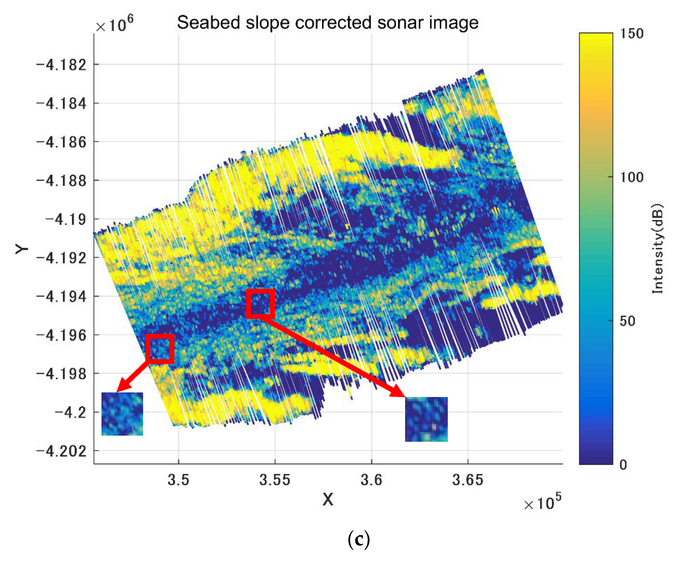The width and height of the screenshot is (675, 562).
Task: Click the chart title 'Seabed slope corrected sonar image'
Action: coord(328,23)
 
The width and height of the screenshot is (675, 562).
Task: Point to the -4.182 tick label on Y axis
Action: coord(61,65)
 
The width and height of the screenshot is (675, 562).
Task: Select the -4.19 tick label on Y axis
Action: coord(66,220)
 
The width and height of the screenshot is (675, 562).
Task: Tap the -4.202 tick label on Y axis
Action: coord(61,451)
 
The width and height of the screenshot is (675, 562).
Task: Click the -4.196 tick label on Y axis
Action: coord(61,336)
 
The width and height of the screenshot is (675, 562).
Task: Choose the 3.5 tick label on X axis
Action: coord(178,480)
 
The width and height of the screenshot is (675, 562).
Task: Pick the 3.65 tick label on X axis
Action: coord(468,480)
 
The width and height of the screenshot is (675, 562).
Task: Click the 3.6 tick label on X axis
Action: coord(371,480)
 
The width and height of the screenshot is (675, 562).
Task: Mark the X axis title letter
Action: coord(328,500)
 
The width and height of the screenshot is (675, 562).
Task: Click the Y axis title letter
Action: coord(22,249)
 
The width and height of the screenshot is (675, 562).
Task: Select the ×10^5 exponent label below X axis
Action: coord(543,502)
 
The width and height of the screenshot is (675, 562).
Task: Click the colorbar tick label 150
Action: coord(631,34)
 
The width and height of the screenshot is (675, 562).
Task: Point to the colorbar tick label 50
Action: coord(627,321)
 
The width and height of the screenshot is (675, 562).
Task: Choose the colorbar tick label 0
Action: coord(623,465)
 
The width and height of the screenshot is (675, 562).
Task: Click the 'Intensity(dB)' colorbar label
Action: coord(658,249)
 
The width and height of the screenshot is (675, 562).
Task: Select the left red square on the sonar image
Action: coord(160,349)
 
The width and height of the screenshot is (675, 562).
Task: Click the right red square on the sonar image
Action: coord(260,304)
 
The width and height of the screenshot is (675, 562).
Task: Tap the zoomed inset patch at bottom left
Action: coord(122,414)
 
